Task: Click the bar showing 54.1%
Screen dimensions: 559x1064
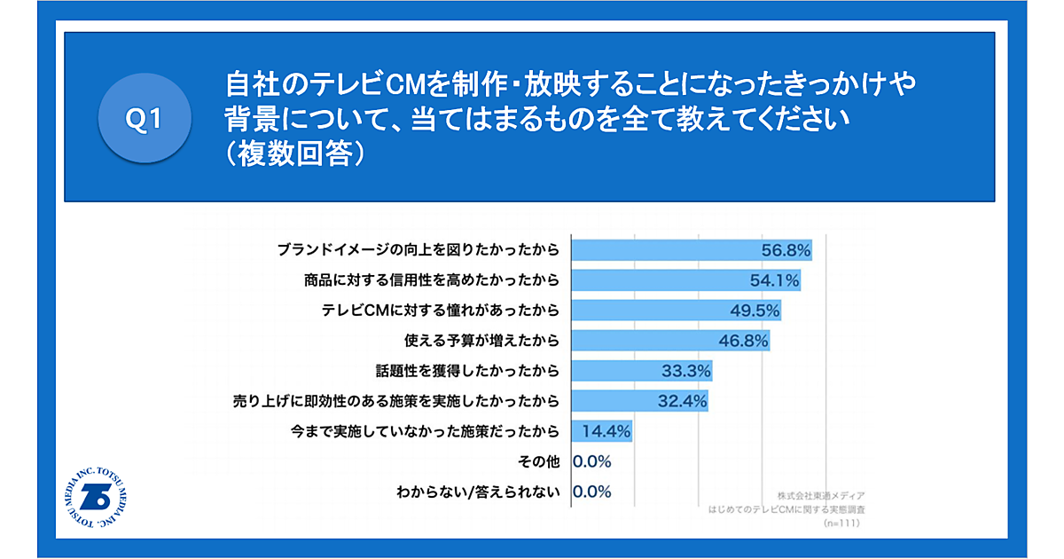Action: [685, 280]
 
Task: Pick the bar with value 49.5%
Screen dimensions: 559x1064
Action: [676, 311]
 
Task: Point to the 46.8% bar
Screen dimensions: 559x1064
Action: [669, 341]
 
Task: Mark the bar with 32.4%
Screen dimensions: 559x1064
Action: [639, 401]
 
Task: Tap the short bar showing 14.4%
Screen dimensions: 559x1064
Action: [602, 431]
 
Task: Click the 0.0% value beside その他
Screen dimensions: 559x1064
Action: [592, 461]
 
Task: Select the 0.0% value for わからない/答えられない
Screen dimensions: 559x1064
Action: [592, 492]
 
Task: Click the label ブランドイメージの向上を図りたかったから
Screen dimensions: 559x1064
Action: [418, 250]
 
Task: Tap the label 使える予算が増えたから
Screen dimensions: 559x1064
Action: [481, 341]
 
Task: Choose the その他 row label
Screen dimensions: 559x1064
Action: [538, 461]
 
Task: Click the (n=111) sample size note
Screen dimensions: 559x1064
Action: [842, 524]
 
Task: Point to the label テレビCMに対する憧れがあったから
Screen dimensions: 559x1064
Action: [442, 311]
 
